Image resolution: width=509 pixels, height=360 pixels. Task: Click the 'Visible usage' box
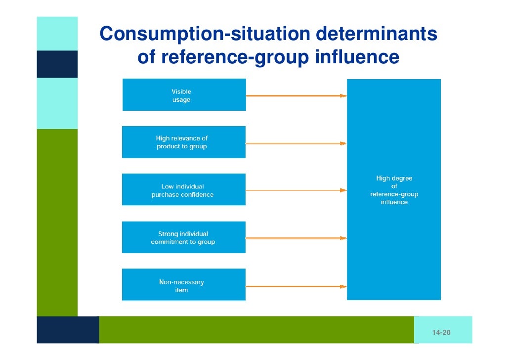[x=184, y=95]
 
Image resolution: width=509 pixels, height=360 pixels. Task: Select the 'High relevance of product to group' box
[x=184, y=142]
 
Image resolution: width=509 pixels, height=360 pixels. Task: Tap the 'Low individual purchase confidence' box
[x=184, y=190]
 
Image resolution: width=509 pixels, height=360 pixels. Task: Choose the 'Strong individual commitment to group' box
[x=184, y=237]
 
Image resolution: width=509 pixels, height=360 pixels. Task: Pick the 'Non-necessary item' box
[x=184, y=285]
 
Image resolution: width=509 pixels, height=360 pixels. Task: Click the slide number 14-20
[x=441, y=333]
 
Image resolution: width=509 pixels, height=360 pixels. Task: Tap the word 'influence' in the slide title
[x=357, y=57]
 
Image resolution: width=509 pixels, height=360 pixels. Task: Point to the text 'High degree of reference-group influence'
[x=394, y=190]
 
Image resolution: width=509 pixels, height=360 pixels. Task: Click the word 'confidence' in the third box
[x=197, y=194]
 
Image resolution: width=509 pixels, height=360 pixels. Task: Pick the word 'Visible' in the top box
[x=181, y=91]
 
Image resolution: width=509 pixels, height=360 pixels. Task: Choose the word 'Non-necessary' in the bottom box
[x=181, y=282]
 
